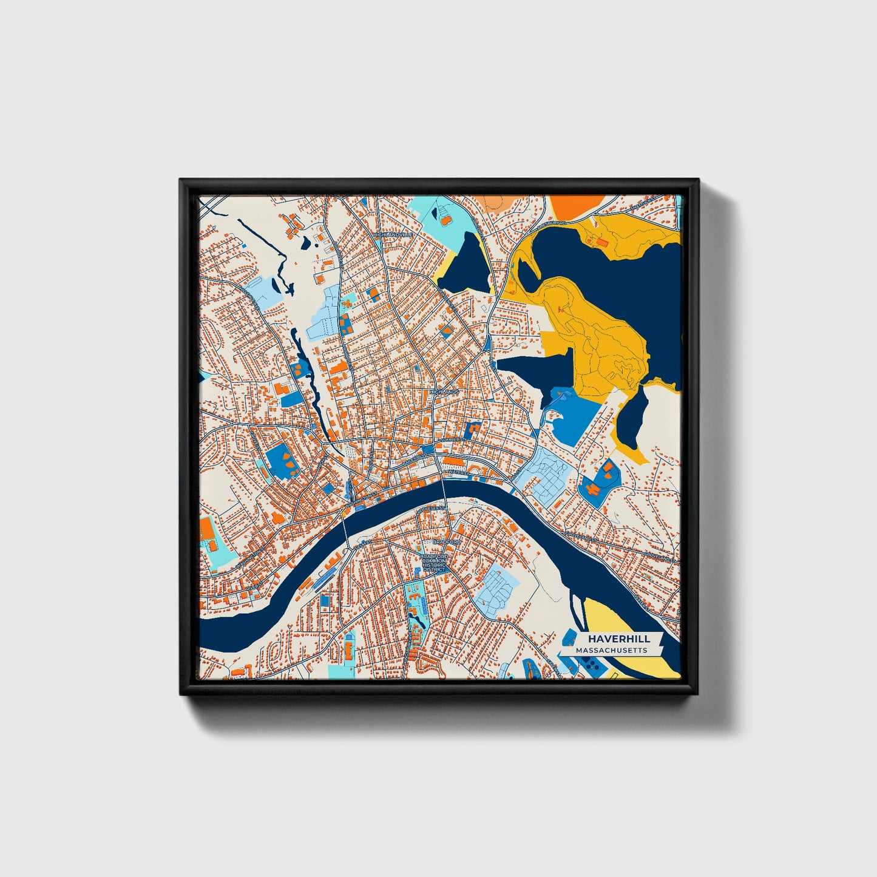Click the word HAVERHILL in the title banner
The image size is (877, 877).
tap(618, 638)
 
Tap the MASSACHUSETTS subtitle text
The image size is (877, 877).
tap(611, 651)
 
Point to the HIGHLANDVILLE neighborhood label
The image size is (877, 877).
tap(393, 234)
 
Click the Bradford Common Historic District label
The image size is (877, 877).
tap(434, 563)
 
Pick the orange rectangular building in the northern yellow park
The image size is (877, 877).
tap(603, 243)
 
